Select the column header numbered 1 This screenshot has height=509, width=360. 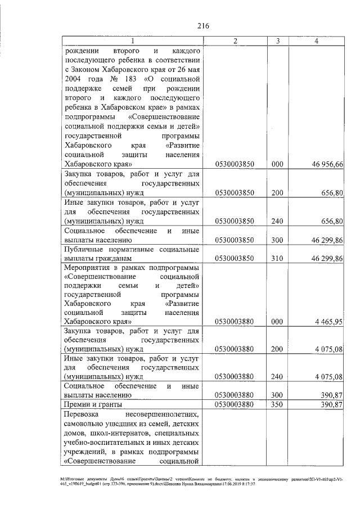pyautogui.click(x=132, y=41)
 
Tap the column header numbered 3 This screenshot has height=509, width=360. pyautogui.click(x=277, y=41)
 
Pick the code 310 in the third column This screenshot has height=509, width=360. pyautogui.click(x=277, y=258)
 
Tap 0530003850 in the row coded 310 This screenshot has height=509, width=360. pyautogui.click(x=235, y=258)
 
